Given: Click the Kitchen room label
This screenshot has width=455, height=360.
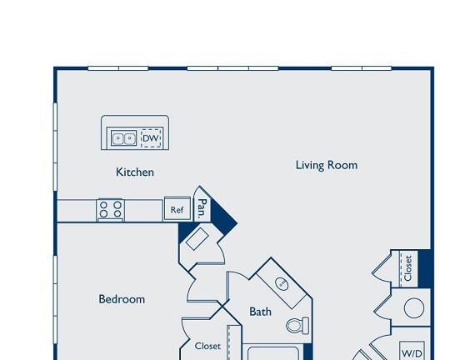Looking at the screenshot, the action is (x=135, y=172).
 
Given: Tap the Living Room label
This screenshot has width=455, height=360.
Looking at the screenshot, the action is (x=327, y=165).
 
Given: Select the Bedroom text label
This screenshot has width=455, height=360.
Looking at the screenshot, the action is (x=122, y=299).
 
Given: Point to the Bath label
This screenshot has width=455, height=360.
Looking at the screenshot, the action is (x=261, y=312).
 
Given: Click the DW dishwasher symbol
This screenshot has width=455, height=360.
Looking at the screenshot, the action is (x=151, y=138).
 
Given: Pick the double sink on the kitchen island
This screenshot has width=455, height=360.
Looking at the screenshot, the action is (x=123, y=138).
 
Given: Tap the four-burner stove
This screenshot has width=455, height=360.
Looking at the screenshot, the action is (x=111, y=210).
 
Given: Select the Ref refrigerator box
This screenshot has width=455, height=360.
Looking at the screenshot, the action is (x=177, y=209).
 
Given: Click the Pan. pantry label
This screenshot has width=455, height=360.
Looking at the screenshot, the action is (x=202, y=208).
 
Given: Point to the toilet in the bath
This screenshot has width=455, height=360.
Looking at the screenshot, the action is (x=297, y=325).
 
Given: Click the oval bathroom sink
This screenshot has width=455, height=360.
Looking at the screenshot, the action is (x=282, y=283).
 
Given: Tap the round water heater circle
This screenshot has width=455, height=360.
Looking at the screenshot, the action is (x=414, y=307).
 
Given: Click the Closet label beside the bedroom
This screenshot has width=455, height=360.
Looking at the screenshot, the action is (x=207, y=346).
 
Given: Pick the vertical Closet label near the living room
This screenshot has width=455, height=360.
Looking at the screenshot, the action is (x=407, y=268).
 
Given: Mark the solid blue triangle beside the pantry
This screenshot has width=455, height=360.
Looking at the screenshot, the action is (x=223, y=216).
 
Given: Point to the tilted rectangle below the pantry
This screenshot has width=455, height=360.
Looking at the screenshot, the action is (x=197, y=238).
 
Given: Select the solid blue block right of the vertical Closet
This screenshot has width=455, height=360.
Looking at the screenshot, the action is (x=425, y=268).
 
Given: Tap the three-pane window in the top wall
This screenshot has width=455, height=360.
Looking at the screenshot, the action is (x=232, y=68).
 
